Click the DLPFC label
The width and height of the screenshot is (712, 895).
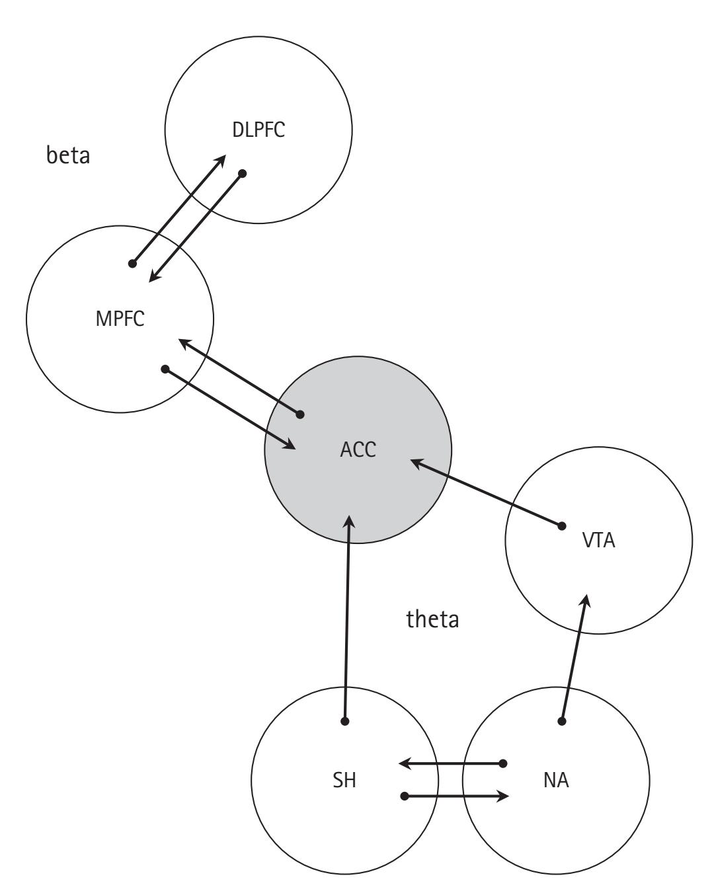pyautogui.click(x=258, y=130)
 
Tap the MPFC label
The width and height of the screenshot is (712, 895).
pyautogui.click(x=120, y=319)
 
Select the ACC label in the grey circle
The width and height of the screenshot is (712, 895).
pyautogui.click(x=358, y=449)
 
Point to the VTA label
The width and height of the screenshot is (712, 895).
pyautogui.click(x=598, y=540)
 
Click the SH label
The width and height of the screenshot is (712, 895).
pyautogui.click(x=344, y=780)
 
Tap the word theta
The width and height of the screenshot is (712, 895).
pyautogui.click(x=432, y=620)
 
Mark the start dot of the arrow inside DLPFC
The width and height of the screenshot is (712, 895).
pyautogui.click(x=243, y=173)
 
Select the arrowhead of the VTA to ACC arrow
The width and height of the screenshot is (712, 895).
pyautogui.click(x=416, y=463)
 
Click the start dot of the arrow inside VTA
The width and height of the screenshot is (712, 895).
pyautogui.click(x=562, y=526)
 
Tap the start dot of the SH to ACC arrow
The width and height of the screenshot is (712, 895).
pyautogui.click(x=344, y=720)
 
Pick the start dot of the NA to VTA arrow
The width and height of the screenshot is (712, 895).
pyautogui.click(x=563, y=720)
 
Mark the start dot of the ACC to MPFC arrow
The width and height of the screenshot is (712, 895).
pyautogui.click(x=299, y=414)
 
